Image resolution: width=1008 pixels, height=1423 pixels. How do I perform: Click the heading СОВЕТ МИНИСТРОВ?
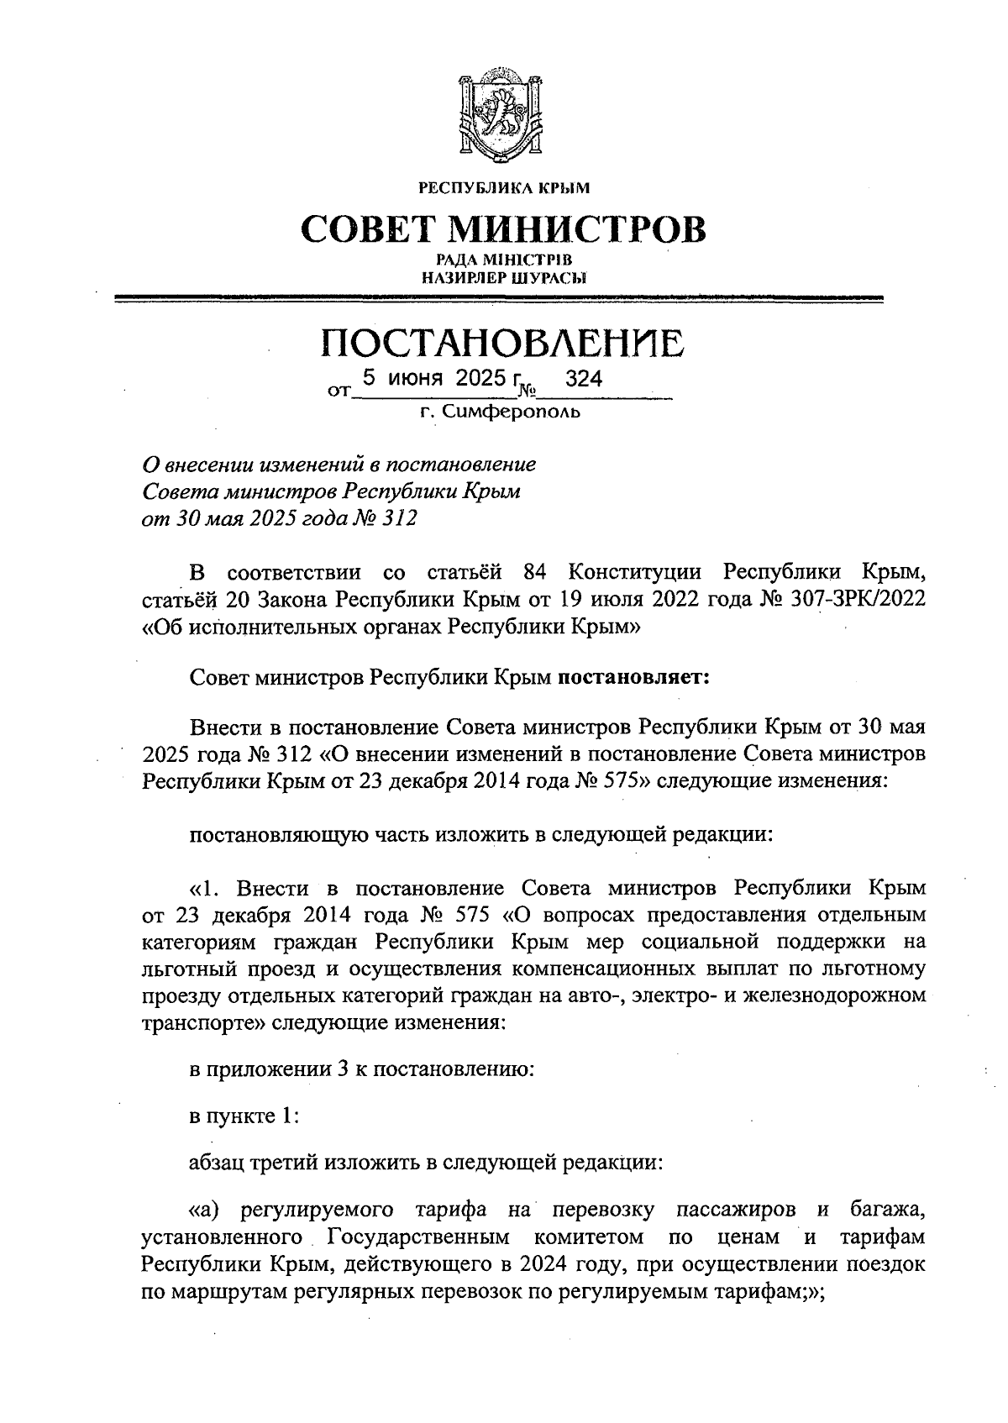click(503, 228)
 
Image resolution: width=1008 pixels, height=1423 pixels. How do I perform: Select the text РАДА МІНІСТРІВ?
click(504, 260)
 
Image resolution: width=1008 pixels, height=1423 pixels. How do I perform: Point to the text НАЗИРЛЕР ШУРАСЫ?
click(504, 276)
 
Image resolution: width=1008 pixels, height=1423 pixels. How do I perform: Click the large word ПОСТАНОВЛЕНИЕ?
click(503, 344)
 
